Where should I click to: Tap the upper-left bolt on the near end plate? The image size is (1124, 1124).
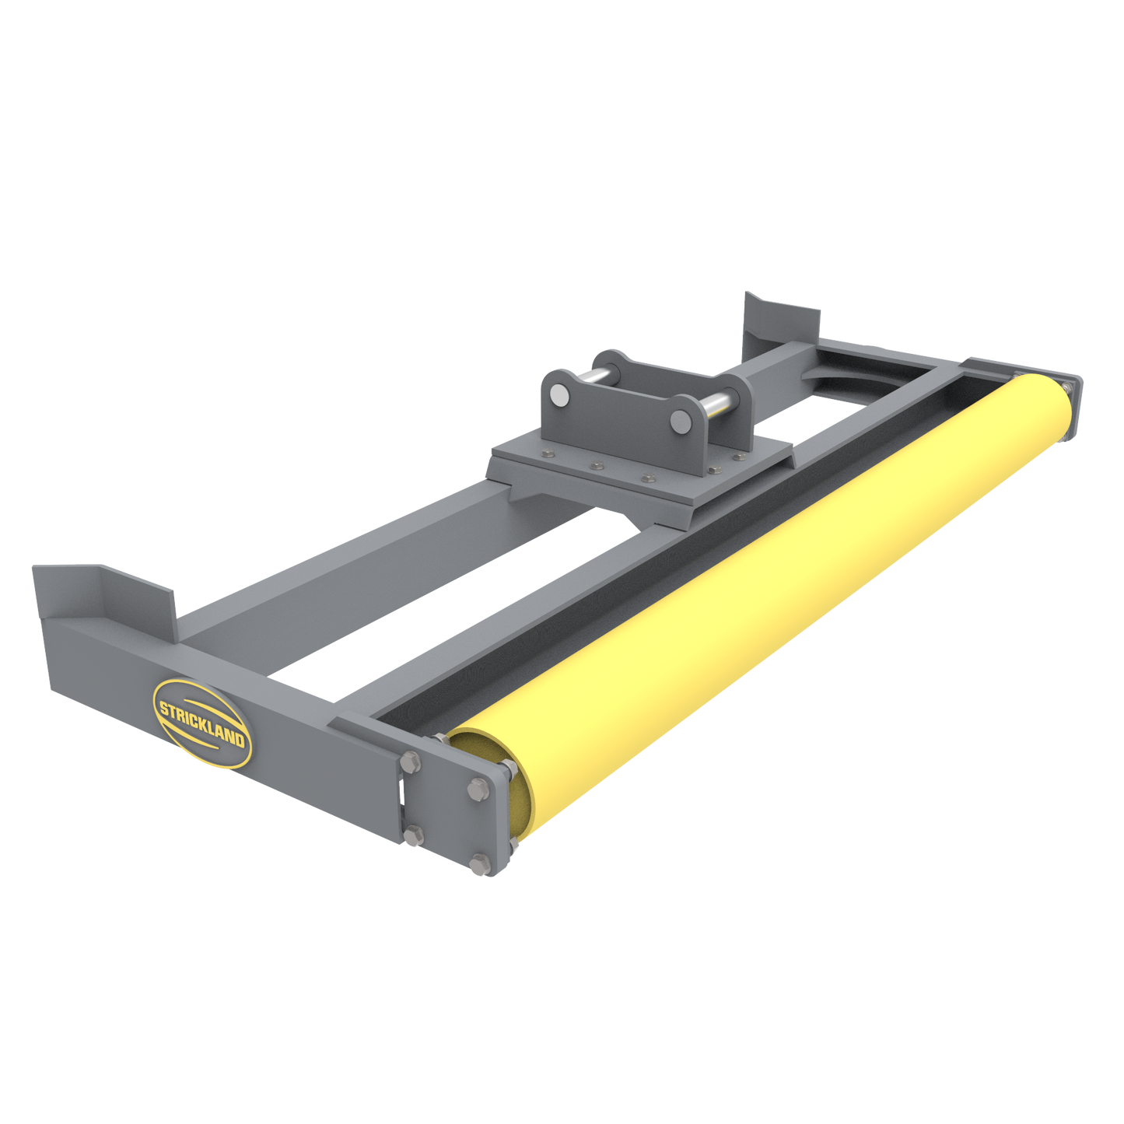[412, 762]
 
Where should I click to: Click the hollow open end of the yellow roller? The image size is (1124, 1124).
[490, 786]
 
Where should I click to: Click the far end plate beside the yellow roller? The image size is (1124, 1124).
[1075, 397]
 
